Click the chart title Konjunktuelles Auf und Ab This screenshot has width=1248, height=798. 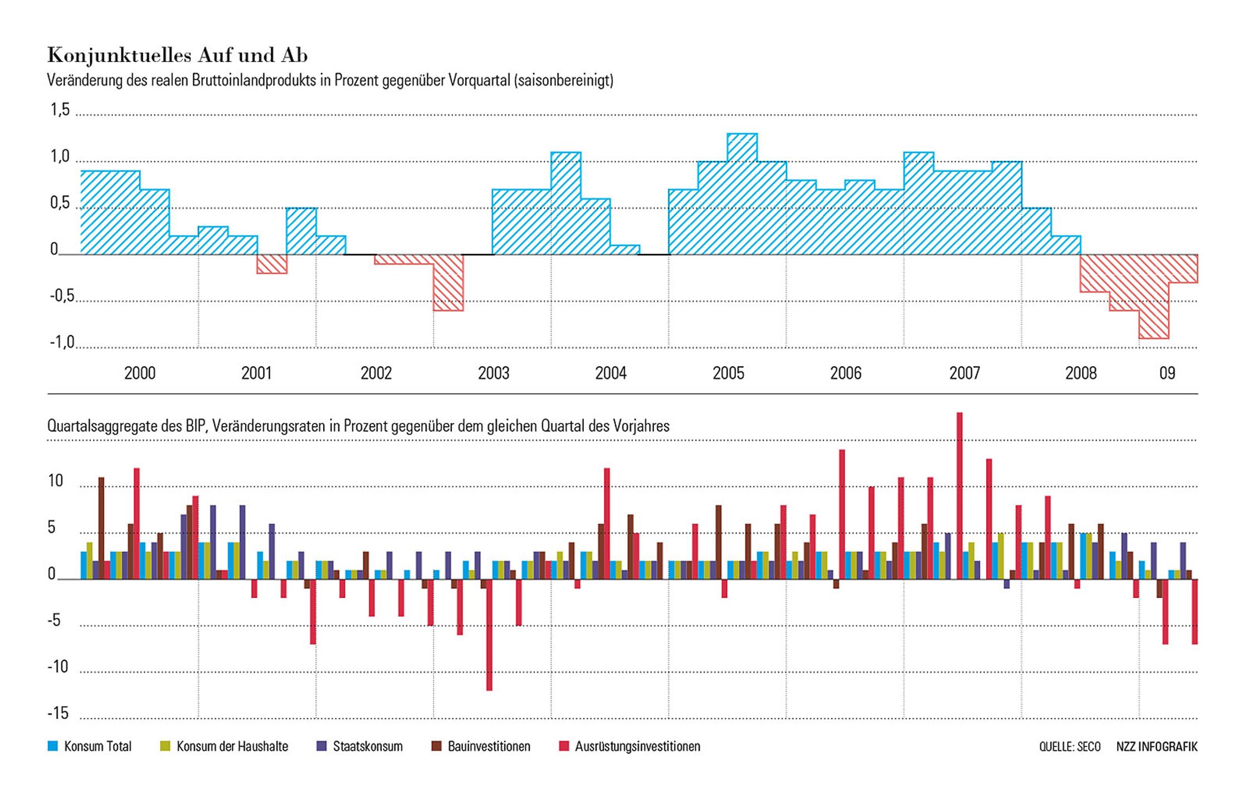pyautogui.click(x=177, y=55)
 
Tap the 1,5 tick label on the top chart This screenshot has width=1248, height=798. pyautogui.click(x=60, y=110)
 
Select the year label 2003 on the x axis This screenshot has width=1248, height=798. pyautogui.click(x=494, y=373)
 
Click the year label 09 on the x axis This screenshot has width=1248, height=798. pyautogui.click(x=1167, y=373)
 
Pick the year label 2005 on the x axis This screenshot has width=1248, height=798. pyautogui.click(x=728, y=373)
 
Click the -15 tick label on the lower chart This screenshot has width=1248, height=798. pyautogui.click(x=58, y=713)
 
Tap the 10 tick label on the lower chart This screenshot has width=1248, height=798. pyautogui.click(x=55, y=481)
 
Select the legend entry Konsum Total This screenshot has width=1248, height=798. pyautogui.click(x=97, y=746)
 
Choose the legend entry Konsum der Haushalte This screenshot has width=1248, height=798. pyautogui.click(x=232, y=746)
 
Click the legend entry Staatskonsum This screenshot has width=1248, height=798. pyautogui.click(x=367, y=746)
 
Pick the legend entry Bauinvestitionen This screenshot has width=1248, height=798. pyautogui.click(x=489, y=746)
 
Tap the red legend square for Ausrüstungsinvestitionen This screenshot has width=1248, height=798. pyautogui.click(x=564, y=746)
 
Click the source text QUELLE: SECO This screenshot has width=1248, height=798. pyautogui.click(x=1069, y=746)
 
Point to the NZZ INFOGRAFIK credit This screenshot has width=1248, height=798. pyautogui.click(x=1157, y=746)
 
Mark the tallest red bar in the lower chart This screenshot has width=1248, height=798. pyautogui.click(x=959, y=496)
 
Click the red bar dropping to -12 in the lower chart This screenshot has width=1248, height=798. pyautogui.click(x=489, y=635)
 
